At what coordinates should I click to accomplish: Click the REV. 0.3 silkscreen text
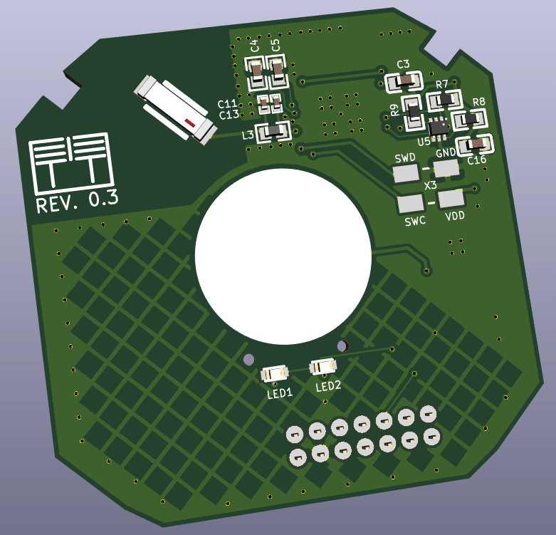(x=78, y=202)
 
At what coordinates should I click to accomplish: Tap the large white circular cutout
(x=283, y=256)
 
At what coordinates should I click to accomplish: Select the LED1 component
(x=275, y=373)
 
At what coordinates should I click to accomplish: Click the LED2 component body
(x=322, y=366)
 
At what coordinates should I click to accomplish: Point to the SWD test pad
(x=406, y=173)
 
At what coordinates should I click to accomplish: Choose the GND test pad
(x=446, y=168)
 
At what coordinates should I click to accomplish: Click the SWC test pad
(x=411, y=204)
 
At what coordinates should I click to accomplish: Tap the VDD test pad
(x=451, y=199)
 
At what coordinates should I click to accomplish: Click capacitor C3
(x=404, y=82)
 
